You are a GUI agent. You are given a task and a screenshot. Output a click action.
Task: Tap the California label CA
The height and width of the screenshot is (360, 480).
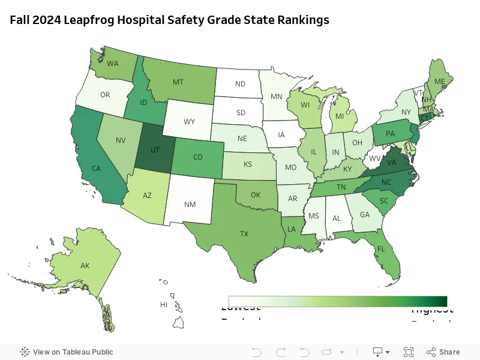click(x=95, y=169)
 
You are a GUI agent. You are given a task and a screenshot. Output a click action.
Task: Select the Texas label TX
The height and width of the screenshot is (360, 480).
click(x=244, y=233)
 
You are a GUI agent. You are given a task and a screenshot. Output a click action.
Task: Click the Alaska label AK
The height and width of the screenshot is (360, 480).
click(x=85, y=265)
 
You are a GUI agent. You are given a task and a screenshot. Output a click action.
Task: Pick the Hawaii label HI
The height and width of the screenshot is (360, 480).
click(x=163, y=305)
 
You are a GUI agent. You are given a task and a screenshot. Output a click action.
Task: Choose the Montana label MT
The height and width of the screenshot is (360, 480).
click(x=178, y=82)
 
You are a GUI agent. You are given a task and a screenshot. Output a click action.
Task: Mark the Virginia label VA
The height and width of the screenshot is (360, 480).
click(x=391, y=163)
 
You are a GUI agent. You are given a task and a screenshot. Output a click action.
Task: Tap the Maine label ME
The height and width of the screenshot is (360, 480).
click(x=440, y=82)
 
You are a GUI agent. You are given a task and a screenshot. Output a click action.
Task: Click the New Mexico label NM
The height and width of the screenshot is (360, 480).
click(x=190, y=205)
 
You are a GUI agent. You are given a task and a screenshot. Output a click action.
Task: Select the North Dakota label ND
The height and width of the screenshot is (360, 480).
click(x=240, y=84)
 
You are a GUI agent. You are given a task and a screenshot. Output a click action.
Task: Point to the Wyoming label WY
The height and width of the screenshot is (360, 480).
click(x=189, y=122)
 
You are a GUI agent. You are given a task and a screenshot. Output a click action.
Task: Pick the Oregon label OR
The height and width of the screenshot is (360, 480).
click(x=105, y=95)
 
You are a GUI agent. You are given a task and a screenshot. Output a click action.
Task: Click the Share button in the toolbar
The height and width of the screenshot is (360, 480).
click(x=443, y=352)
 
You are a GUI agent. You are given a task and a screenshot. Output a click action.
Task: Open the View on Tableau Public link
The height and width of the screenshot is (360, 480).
click(x=67, y=352)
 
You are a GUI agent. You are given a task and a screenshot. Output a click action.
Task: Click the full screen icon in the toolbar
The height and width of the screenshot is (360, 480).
click(x=409, y=352)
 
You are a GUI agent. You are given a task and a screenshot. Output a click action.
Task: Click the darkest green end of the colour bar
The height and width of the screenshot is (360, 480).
click(x=444, y=301)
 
